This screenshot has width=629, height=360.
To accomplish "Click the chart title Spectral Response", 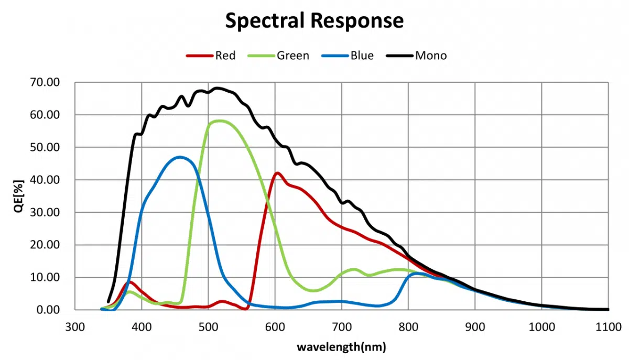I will pyautogui.click(x=314, y=20).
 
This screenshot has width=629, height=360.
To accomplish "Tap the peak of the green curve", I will pyautogui.click(x=219, y=121).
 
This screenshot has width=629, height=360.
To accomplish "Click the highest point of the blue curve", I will pyautogui.click(x=181, y=157).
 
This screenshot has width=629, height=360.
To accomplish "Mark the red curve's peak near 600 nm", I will pyautogui.click(x=277, y=173).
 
